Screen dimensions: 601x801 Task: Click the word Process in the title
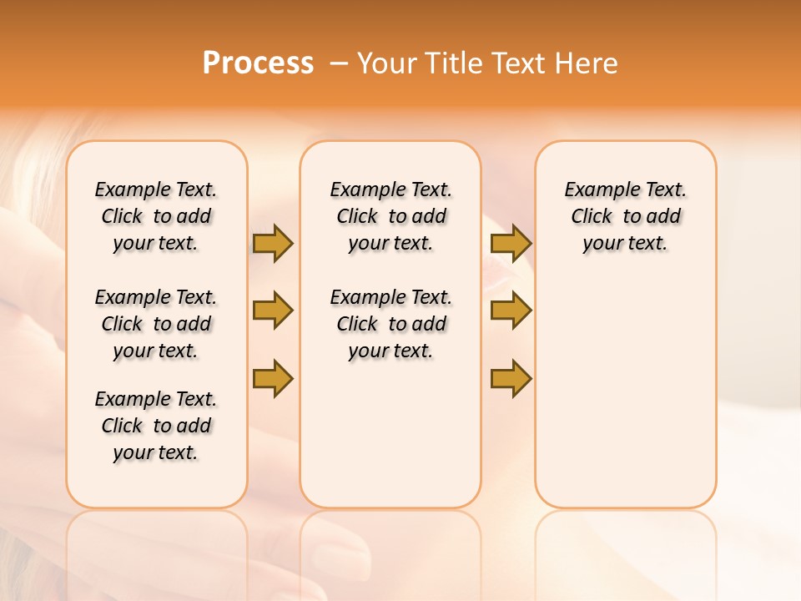(x=258, y=63)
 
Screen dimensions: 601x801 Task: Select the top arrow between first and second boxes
(x=273, y=244)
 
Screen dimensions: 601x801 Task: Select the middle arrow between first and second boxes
(x=273, y=311)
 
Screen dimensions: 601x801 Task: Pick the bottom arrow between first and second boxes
(x=273, y=379)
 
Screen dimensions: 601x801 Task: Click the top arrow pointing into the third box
(x=511, y=244)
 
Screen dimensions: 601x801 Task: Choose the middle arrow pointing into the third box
(x=511, y=311)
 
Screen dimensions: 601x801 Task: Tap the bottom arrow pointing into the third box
(x=511, y=379)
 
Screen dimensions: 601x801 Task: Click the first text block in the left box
(x=156, y=216)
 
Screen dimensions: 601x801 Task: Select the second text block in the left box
(x=156, y=324)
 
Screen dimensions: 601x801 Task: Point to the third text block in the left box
(x=156, y=426)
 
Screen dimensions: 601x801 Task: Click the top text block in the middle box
(x=390, y=216)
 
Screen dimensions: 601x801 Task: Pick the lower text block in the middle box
(x=390, y=324)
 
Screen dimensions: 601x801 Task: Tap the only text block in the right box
(x=625, y=216)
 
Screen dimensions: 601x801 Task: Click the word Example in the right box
(x=597, y=189)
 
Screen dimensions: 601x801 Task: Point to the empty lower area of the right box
(x=625, y=384)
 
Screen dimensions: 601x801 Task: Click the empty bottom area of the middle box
(x=390, y=442)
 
